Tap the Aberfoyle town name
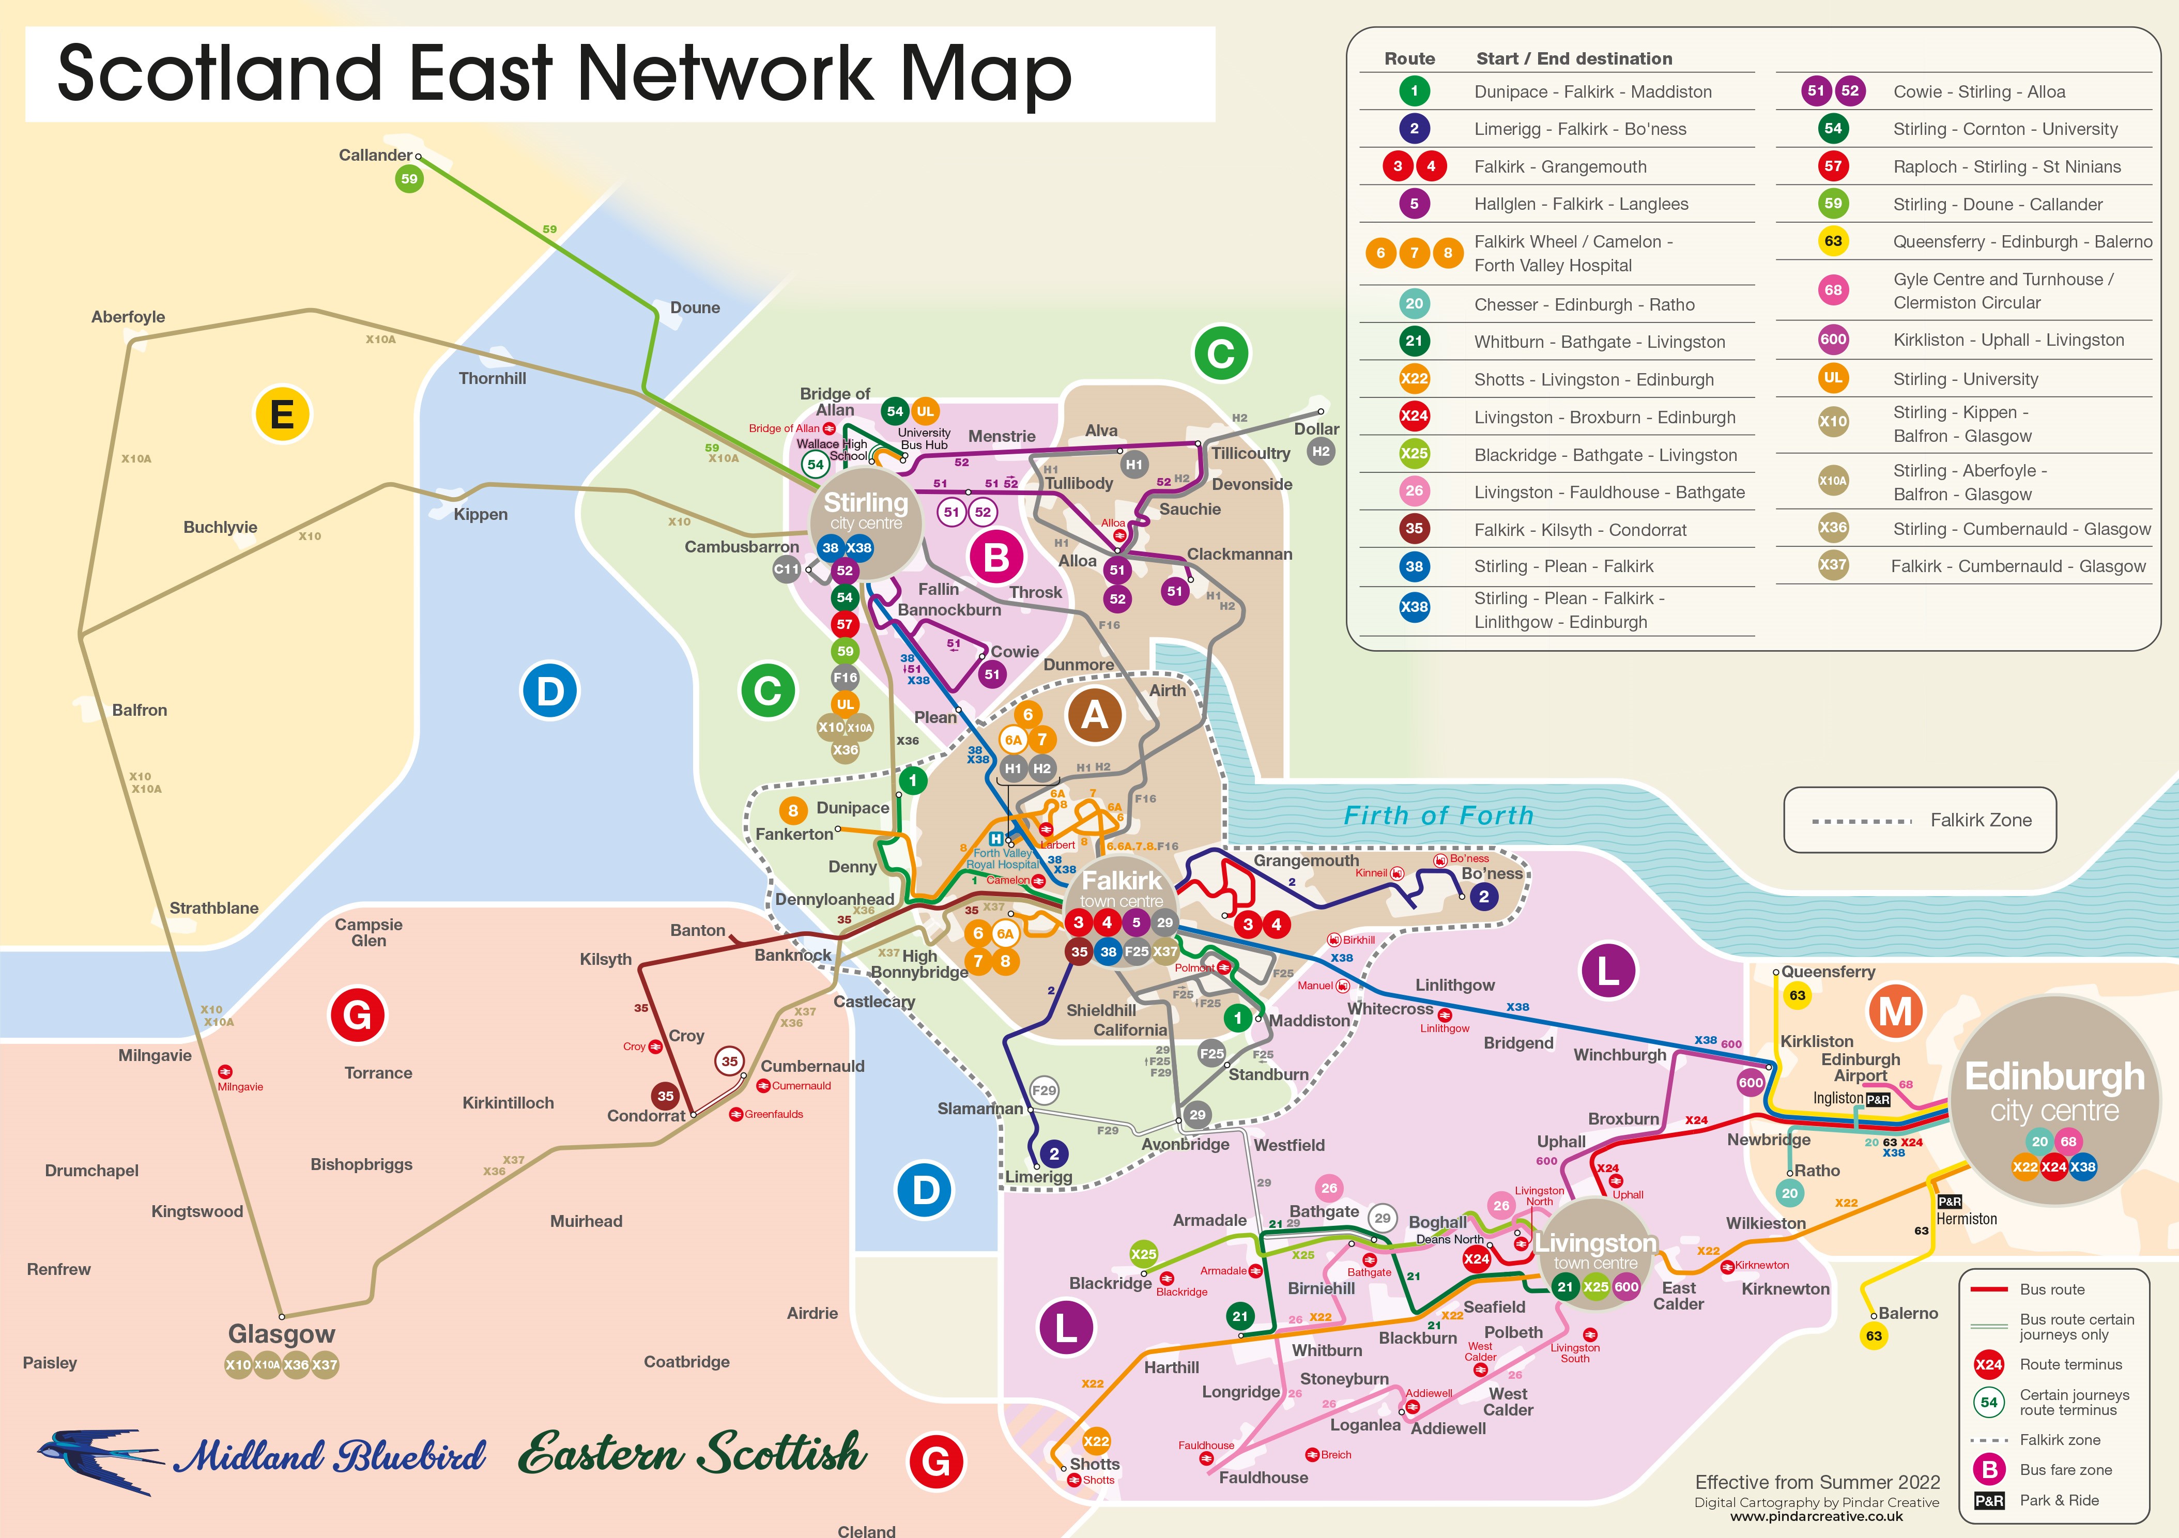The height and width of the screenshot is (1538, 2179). click(128, 317)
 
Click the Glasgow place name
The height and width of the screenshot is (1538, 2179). click(281, 1334)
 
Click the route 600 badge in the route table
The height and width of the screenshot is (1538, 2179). click(1833, 340)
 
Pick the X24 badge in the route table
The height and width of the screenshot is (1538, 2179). click(1414, 416)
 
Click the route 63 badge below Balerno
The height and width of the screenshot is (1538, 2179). click(1874, 1336)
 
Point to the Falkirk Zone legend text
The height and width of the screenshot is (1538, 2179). click(1981, 820)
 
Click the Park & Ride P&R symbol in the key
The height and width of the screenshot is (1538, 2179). click(1989, 1500)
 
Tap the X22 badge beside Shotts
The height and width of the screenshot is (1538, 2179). click(1096, 1441)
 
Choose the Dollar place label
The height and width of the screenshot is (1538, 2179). click(1316, 429)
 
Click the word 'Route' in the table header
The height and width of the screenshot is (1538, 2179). click(1409, 59)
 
